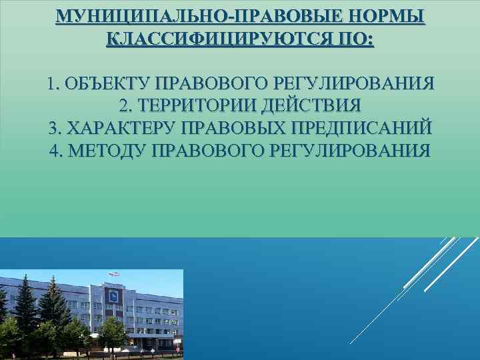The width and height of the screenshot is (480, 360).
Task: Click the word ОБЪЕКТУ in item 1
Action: tap(107, 85)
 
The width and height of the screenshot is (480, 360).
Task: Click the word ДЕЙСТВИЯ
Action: tap(313, 106)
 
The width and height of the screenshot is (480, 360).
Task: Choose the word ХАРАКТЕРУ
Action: tap(123, 127)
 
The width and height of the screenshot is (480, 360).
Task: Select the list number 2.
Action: tap(124, 106)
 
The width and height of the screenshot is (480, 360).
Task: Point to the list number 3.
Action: tap(55, 127)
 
